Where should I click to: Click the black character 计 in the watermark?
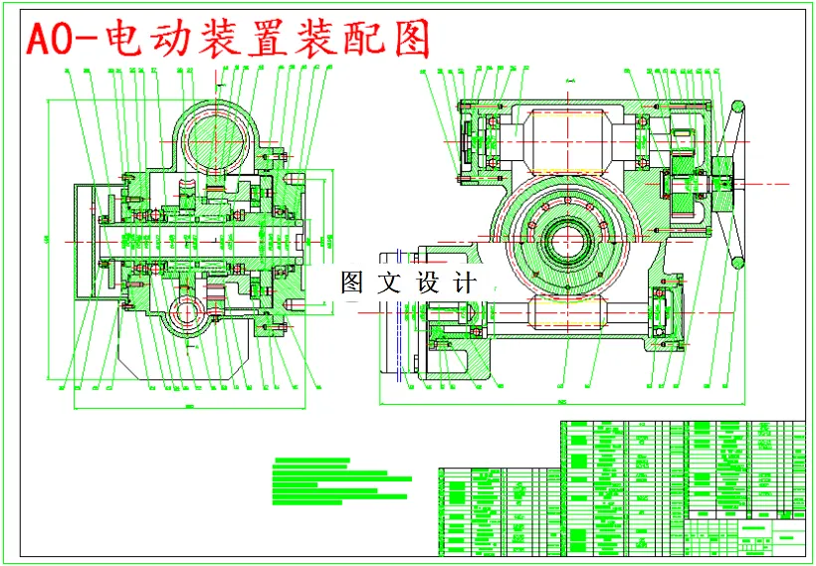(465, 282)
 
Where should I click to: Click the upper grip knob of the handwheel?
(738, 106)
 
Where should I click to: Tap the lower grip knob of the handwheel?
(738, 263)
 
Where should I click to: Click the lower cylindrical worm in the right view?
(569, 312)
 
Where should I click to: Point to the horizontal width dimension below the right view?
(562, 404)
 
